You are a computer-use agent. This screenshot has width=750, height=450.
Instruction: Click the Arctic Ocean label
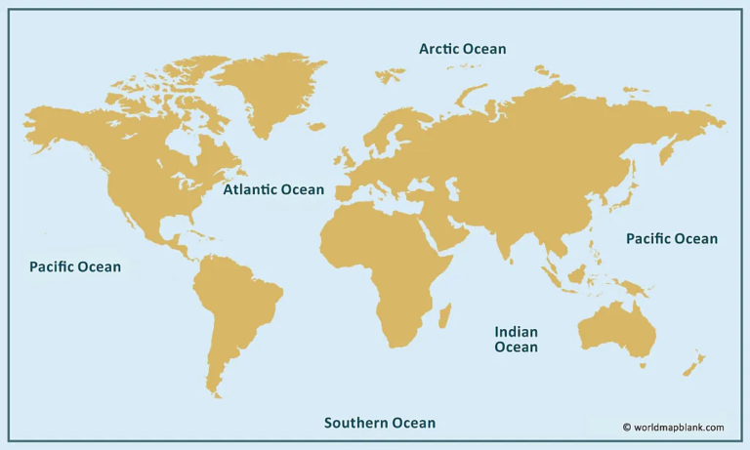point(462,49)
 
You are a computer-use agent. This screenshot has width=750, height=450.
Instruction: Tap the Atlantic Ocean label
point(273,189)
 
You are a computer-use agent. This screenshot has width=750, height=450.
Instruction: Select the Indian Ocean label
point(516,339)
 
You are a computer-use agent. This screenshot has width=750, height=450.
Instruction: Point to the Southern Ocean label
point(380,423)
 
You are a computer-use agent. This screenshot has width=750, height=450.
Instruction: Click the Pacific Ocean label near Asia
point(671,239)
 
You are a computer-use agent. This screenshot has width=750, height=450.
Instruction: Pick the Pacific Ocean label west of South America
point(75,266)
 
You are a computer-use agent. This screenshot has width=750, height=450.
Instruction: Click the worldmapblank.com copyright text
point(674,427)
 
